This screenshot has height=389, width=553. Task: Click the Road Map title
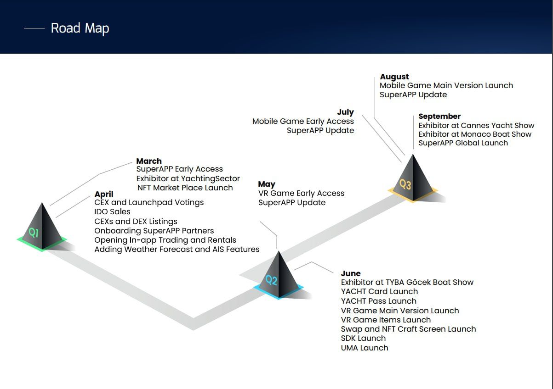[80, 28]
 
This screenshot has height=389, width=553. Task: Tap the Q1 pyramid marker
[42, 228]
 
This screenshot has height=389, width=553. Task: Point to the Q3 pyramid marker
[412, 178]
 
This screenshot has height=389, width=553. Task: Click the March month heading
[149, 161]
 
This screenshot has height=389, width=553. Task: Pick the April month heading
[104, 194]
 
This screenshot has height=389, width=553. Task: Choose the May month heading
[267, 184]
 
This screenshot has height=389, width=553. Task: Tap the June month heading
[351, 273]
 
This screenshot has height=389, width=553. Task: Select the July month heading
[345, 112]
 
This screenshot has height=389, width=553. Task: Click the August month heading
[394, 77]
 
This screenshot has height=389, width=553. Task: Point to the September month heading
[439, 116]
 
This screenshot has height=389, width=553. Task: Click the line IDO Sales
[112, 211]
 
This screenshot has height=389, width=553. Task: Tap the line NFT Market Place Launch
[185, 188]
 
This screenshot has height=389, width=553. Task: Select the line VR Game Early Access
[301, 193]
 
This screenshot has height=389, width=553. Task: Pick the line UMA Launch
[365, 348]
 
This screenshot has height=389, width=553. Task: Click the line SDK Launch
[363, 338]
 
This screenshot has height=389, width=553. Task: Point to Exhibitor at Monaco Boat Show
[475, 134]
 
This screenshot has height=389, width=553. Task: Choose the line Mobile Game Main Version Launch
[446, 85]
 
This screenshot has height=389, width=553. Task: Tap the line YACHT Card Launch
[379, 291]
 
